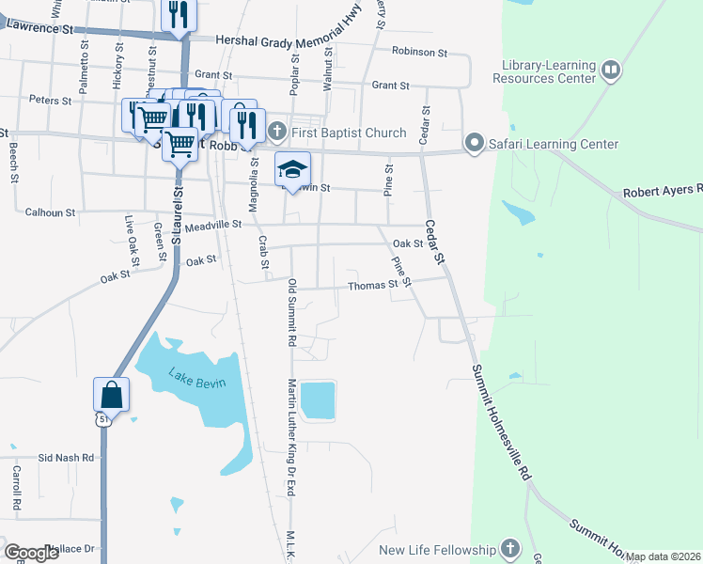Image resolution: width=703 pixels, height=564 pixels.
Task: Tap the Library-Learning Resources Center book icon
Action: [x=611, y=70]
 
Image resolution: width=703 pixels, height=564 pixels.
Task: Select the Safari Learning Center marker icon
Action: [x=474, y=144]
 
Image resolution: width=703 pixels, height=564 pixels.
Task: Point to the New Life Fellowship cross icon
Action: [x=509, y=549]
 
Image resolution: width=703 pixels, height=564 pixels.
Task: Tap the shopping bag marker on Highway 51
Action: [x=111, y=394]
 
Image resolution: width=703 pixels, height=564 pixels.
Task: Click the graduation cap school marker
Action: [x=292, y=169]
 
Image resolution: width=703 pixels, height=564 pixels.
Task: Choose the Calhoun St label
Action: [x=51, y=212]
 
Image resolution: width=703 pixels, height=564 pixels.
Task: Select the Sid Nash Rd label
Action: [x=67, y=458]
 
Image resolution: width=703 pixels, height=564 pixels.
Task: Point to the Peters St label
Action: [x=51, y=100]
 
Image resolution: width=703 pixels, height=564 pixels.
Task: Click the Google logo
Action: [x=32, y=553]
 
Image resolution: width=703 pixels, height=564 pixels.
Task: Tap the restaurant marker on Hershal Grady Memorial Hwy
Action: [x=176, y=15]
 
